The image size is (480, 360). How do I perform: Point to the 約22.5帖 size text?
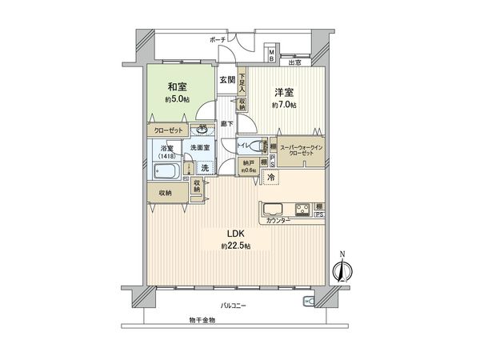click(x=236, y=246)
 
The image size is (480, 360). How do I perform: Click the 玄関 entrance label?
click(x=227, y=80)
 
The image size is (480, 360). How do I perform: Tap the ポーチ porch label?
click(x=218, y=39)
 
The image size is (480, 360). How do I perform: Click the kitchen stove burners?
click(x=304, y=210)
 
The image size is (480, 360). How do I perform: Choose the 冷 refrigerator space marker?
click(x=271, y=176)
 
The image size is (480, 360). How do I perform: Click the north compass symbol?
click(x=342, y=270)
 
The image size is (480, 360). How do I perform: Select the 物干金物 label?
click(x=203, y=320)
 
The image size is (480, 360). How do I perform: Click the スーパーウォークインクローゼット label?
click(x=301, y=152)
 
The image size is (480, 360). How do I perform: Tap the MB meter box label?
click(x=271, y=57)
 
